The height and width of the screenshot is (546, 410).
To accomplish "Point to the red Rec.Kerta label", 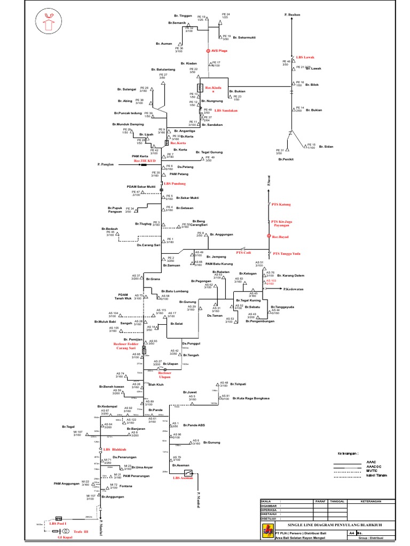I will pos(178,143).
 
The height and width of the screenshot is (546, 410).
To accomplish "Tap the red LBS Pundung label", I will pos(176,183).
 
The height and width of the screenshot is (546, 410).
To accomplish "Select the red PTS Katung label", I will pos(281,205).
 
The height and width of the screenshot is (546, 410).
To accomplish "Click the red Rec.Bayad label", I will pos(280,236).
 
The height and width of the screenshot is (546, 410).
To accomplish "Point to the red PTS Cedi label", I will pos(243,252).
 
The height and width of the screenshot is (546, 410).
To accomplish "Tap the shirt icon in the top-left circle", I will pos(52,24).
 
